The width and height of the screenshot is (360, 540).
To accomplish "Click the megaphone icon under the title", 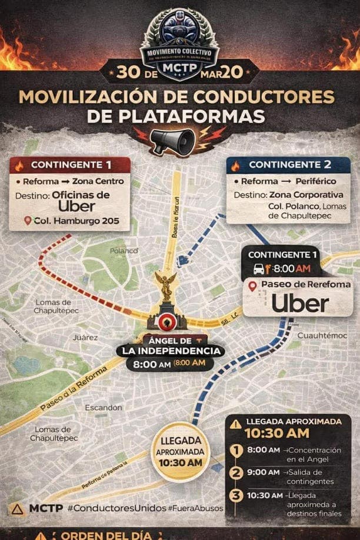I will click(x=172, y=141).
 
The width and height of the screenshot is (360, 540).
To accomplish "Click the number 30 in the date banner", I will click(x=128, y=73).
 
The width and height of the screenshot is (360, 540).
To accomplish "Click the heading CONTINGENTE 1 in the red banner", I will click(x=71, y=164).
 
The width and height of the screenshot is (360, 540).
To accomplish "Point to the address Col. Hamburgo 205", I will click(x=75, y=221).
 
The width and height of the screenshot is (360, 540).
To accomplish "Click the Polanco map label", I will click(x=124, y=251).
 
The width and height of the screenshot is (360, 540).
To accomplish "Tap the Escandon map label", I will click(x=104, y=407).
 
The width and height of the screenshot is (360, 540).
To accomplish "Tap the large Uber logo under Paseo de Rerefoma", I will click(x=300, y=303).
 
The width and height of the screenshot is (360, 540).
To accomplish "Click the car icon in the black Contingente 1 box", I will click(x=259, y=268).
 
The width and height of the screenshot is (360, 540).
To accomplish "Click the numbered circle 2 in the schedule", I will click(x=236, y=472).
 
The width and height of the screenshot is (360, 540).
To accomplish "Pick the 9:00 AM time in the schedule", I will click(x=262, y=472).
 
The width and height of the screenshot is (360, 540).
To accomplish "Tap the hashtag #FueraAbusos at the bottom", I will click(x=199, y=508).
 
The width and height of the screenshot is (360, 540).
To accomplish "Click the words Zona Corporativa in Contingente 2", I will click(x=306, y=195).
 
